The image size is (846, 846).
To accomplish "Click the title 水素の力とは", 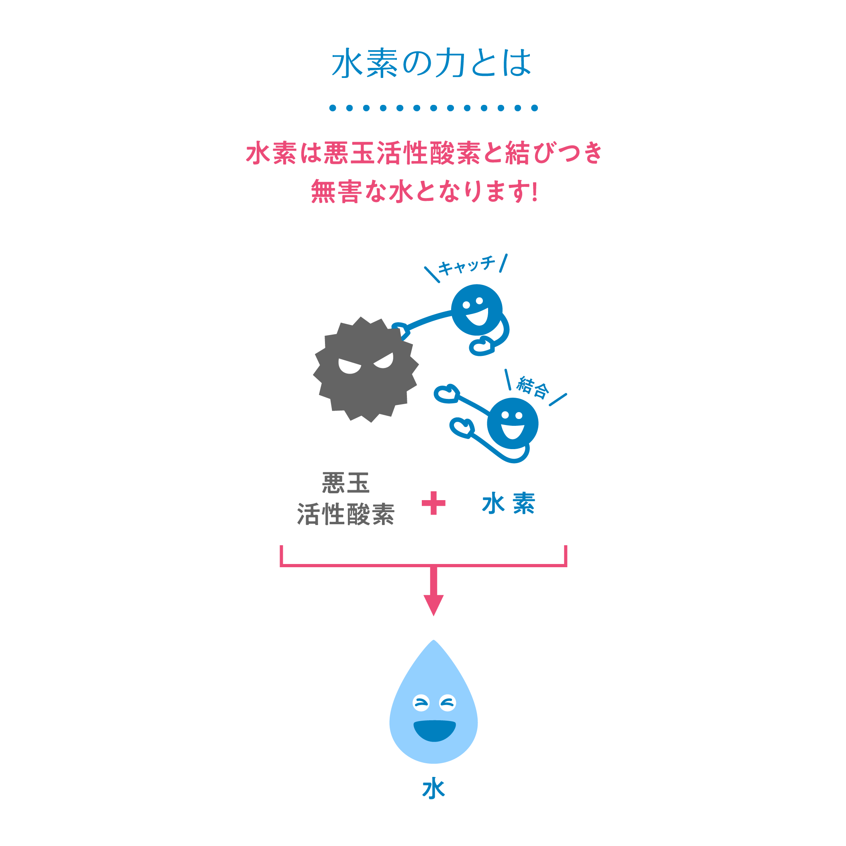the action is coord(432,63).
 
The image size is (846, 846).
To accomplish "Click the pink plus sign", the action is coord(433,503).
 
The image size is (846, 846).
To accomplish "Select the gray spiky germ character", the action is coord(366,370).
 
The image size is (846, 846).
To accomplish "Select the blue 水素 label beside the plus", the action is coord(509,503).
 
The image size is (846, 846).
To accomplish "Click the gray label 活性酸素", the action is coord(346,514).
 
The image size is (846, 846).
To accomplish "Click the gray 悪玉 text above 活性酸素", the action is coord(346,483).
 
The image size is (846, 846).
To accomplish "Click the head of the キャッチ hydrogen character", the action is coord(476,310).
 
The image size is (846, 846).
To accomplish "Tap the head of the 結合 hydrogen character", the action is coord(513,423).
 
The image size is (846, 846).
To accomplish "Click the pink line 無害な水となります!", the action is coord(424,191).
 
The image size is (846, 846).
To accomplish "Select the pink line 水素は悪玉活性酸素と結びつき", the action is coord(424,153).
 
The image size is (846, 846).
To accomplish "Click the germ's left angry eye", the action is coord(349,366).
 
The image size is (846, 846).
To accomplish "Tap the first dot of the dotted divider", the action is coord(333,108).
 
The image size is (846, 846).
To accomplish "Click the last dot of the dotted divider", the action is coord(534,108).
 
